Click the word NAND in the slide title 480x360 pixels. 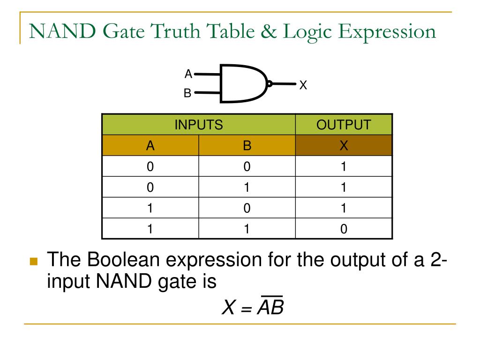62,31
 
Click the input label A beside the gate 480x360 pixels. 188,74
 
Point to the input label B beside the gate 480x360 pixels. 187,93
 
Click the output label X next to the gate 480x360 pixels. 303,85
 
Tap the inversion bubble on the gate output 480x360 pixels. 270,84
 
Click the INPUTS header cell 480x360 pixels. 198,125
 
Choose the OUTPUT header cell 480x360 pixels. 344,125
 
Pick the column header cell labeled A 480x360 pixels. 150,146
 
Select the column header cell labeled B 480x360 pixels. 247,146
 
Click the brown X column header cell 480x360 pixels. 344,146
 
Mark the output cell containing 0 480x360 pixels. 344,229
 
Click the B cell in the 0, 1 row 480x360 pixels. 247,187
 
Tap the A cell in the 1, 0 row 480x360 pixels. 150,208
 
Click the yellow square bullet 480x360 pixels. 33,261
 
